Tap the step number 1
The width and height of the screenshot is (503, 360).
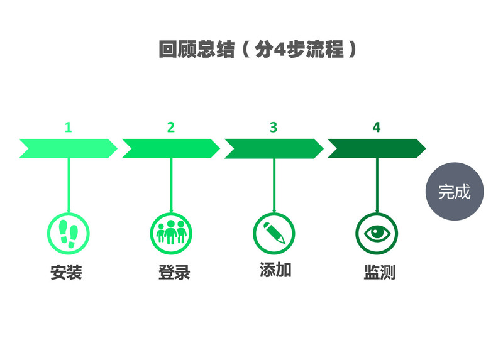(x=68, y=127)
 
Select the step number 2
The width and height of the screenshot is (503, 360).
(x=170, y=127)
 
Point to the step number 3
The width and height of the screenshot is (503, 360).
(x=274, y=127)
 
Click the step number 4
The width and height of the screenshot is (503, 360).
(x=376, y=127)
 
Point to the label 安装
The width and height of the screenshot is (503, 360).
(x=67, y=273)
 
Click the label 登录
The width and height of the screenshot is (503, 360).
(x=174, y=273)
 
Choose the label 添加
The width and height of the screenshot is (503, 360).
(x=275, y=270)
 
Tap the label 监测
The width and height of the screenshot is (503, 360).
(x=379, y=273)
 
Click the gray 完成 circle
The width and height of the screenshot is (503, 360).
(x=455, y=192)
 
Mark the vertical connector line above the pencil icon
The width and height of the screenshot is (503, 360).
(x=274, y=185)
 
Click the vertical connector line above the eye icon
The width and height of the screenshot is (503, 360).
(x=377, y=185)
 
